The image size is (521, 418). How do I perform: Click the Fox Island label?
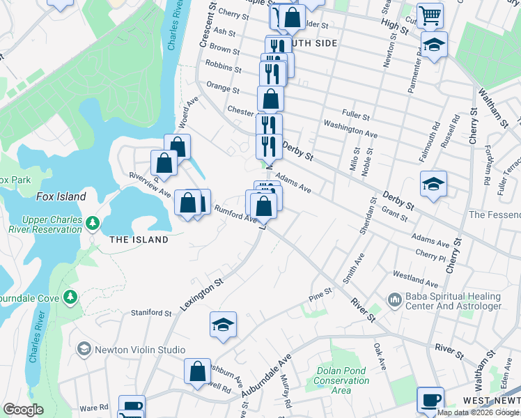tap(61, 196)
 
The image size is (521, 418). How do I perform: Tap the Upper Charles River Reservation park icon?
tap(92, 224)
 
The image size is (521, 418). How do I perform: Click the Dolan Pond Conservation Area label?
tap(341, 380)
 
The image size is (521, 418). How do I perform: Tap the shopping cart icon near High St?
tap(430, 15)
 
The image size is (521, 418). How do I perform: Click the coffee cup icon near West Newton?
tap(430, 400)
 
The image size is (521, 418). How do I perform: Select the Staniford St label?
tap(151, 313)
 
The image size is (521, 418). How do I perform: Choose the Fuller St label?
tap(355, 114)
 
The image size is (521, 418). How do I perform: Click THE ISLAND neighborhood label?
tap(139, 240)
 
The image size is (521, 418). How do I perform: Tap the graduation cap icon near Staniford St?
tap(223, 325)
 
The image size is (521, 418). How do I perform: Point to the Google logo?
tap(23, 410)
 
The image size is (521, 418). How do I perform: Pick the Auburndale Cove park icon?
tap(70, 297)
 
